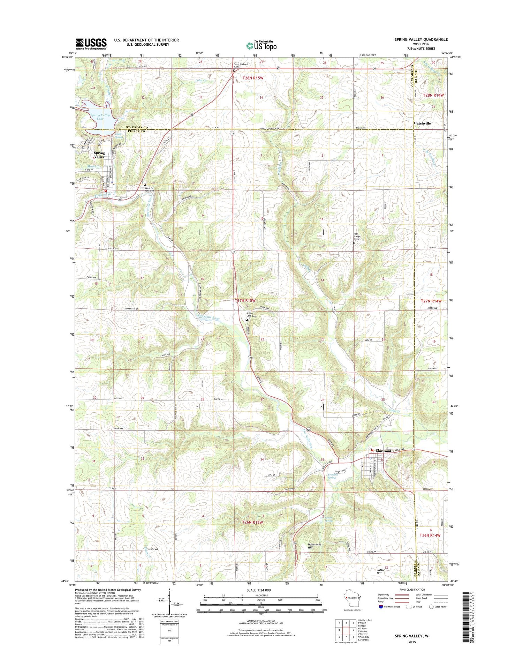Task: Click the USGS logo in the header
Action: pyautogui.click(x=91, y=43)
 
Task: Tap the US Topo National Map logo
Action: pyautogui.click(x=261, y=45)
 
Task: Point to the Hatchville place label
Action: pyautogui.click(x=422, y=123)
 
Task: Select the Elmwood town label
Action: pyautogui.click(x=383, y=451)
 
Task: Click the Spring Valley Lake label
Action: pyautogui.click(x=100, y=117)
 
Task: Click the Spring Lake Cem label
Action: pyautogui.click(x=251, y=315)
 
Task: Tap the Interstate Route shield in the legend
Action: pyautogui.click(x=381, y=607)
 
